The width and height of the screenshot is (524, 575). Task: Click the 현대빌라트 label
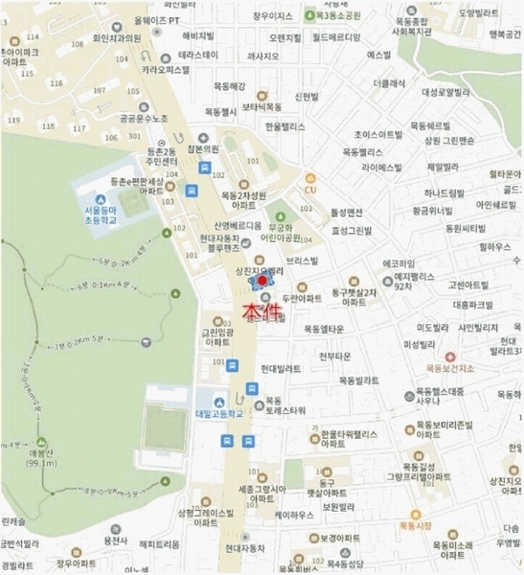tap(281, 368)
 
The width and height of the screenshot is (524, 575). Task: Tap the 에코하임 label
tap(397, 264)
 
